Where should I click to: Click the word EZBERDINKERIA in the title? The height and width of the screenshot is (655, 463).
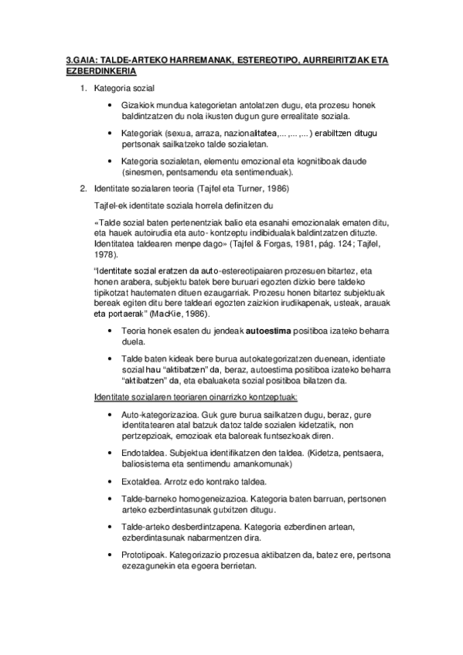pyautogui.click(x=100, y=70)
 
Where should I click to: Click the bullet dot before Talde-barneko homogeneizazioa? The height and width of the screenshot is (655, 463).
pyautogui.click(x=114, y=498)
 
